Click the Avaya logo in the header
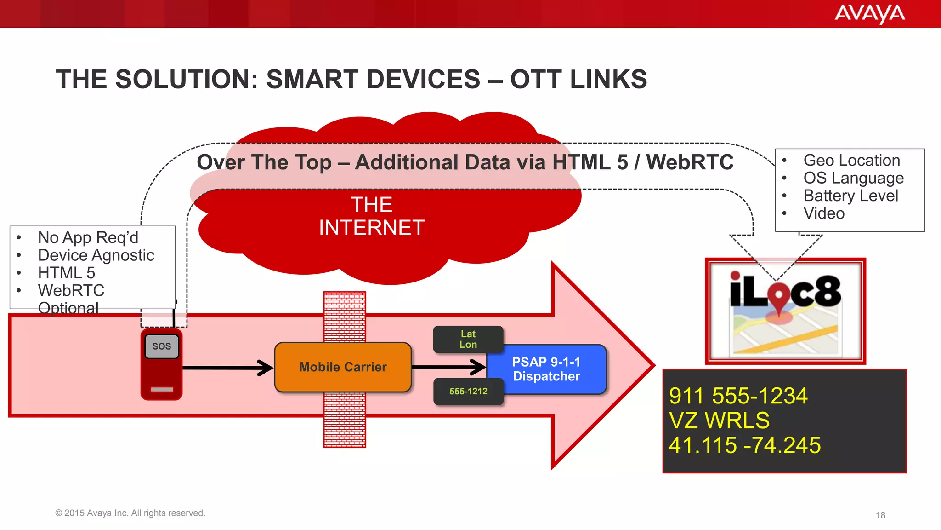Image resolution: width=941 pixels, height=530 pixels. click(x=869, y=13)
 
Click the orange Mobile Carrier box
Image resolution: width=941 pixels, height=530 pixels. click(x=343, y=367)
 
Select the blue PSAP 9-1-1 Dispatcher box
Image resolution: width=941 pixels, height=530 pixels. click(x=546, y=369)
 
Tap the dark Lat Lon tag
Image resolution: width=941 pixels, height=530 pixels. click(x=468, y=339)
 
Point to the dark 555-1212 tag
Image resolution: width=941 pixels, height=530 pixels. click(x=468, y=392)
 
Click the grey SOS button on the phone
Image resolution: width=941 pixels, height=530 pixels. click(x=161, y=346)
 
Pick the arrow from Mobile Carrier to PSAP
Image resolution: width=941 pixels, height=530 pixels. click(x=448, y=367)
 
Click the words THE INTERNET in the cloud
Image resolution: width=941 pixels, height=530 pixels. click(x=371, y=216)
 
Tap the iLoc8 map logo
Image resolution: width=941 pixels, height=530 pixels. click(x=785, y=311)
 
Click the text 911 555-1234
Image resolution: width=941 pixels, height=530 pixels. click(x=738, y=396)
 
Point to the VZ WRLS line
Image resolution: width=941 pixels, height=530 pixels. click(x=719, y=421)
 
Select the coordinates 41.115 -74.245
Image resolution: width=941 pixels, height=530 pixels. click(x=744, y=445)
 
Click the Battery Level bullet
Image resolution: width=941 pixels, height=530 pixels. click(x=850, y=196)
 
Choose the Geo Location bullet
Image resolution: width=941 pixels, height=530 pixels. click(x=851, y=160)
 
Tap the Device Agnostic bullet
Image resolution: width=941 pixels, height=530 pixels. click(x=96, y=255)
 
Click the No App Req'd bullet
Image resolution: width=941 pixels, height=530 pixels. click(x=88, y=237)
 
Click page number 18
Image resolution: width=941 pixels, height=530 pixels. click(x=880, y=515)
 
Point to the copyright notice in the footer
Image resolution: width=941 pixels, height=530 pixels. click(x=130, y=513)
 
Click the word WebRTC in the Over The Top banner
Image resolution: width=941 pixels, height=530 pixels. click(x=690, y=162)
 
